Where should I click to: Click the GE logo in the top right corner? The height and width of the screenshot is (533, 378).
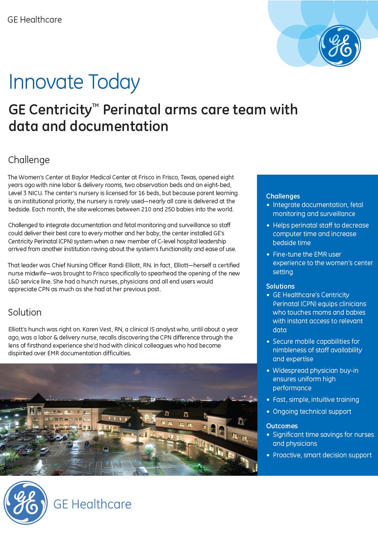click(x=340, y=46)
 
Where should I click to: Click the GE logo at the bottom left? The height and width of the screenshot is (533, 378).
click(x=26, y=503)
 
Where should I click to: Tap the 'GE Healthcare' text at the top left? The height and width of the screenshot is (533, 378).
click(x=35, y=20)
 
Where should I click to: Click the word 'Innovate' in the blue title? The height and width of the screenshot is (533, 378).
click(x=46, y=82)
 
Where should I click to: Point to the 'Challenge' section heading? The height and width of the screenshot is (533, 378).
click(x=29, y=160)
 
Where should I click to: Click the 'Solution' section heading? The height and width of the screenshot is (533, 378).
click(x=25, y=312)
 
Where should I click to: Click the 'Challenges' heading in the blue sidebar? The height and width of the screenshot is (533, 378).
click(x=283, y=196)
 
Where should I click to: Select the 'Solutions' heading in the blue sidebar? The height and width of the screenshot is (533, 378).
click(x=281, y=286)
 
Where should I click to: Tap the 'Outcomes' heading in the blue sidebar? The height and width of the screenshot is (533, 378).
click(x=282, y=426)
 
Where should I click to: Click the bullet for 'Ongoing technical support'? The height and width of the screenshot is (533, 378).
click(x=269, y=412)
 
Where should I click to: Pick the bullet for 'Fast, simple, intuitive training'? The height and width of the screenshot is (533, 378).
click(x=269, y=400)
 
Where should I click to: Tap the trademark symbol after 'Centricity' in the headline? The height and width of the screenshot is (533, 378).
click(x=94, y=106)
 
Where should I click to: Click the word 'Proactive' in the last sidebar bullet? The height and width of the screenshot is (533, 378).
click(x=287, y=455)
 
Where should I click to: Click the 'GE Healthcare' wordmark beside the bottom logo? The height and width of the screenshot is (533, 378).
click(x=92, y=504)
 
